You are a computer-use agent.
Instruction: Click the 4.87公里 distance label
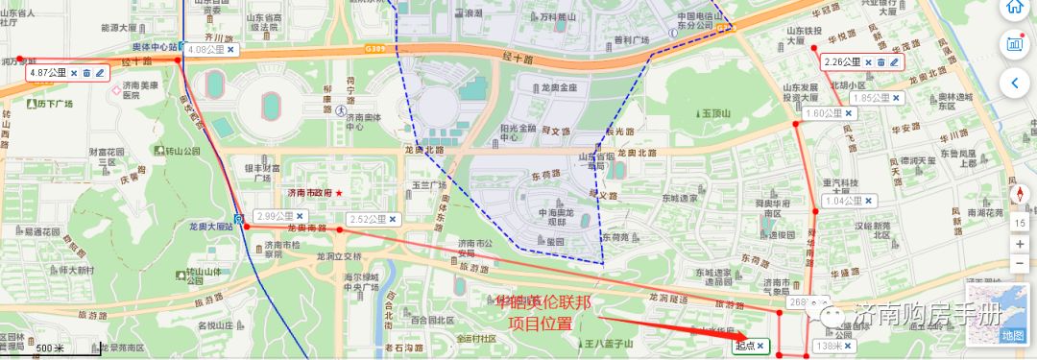47,72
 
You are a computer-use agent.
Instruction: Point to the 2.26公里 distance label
842,62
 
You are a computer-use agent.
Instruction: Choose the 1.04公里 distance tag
843,202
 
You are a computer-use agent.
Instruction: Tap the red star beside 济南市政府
338,193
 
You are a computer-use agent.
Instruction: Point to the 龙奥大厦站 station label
212,227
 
